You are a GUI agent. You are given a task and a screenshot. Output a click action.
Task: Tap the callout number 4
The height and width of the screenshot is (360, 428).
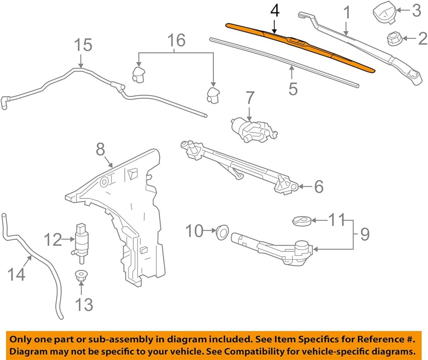coord(275,12)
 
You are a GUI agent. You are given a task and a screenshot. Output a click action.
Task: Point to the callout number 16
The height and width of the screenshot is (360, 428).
coord(176,40)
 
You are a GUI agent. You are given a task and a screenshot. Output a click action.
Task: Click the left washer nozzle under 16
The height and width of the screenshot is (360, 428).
coord(139,74)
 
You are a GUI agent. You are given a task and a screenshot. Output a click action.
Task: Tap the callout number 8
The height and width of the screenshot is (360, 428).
coord(101,149)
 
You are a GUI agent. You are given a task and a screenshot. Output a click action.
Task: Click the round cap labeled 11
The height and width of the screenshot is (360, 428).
coord(302,220)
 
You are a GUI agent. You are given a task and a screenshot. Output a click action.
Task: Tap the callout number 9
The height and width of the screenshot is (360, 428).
coord(365,235)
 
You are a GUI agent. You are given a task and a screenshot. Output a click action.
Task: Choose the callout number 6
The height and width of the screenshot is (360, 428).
coord(318,187)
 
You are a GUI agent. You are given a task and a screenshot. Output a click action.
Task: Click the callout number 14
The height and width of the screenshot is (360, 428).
coord(17,274)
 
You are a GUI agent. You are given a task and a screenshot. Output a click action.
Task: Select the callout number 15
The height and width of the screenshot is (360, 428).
coord(83,45)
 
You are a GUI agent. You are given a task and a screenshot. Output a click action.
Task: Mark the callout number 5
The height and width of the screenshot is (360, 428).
coord(293,89)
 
